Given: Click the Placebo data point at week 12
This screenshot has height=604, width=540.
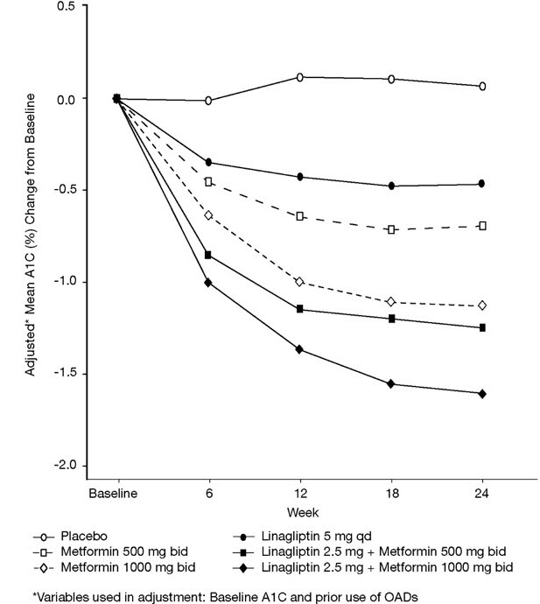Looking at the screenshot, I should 299,78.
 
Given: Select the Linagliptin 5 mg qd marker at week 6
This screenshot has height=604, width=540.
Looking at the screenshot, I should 208,163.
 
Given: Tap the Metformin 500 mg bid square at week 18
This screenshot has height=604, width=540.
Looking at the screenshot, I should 391,229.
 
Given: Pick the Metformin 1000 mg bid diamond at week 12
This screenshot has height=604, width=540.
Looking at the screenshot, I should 299,282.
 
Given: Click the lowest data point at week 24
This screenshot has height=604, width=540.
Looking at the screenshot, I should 482,394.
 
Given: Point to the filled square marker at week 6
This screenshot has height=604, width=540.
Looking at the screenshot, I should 208,255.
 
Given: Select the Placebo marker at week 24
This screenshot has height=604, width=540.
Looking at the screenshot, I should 482,87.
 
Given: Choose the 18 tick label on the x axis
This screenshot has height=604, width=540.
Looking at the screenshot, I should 391,494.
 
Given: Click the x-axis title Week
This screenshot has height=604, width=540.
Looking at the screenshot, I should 299,510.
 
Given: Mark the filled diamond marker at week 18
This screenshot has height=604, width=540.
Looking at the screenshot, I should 391,384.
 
